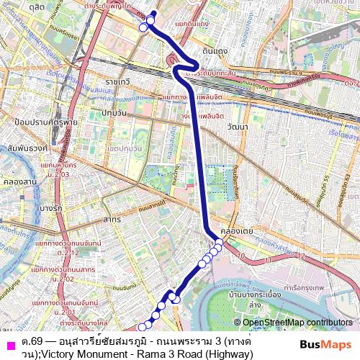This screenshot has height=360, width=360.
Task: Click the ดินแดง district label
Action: pos(215,51)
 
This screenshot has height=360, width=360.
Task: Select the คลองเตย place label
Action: pos(235,231)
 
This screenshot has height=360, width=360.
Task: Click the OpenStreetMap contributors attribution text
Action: pos(297,323)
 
